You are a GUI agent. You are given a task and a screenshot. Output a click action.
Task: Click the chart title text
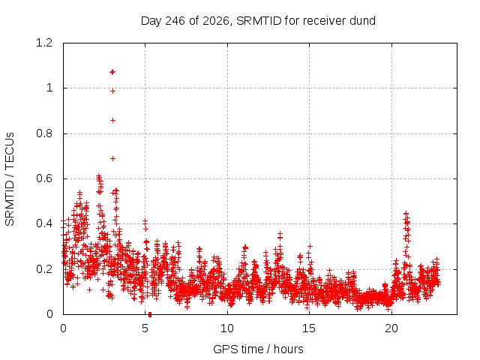[x=258, y=21]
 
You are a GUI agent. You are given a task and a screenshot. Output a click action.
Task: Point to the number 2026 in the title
[x=216, y=21]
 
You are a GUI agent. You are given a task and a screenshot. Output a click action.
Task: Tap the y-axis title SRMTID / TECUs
[x=10, y=179]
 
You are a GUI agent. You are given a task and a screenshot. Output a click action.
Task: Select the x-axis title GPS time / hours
[x=258, y=349]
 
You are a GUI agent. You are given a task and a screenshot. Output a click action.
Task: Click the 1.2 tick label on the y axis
[x=44, y=43]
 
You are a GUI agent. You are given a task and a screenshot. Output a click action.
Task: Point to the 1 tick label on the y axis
[x=49, y=88]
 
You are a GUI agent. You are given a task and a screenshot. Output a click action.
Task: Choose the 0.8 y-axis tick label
[x=44, y=133]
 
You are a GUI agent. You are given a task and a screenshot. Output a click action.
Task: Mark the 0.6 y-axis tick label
[x=44, y=178]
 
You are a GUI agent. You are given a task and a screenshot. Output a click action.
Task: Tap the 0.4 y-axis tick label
[x=44, y=223]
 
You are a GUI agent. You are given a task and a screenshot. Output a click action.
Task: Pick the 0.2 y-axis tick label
[x=44, y=269]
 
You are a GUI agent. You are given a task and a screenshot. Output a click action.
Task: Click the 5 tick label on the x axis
[x=145, y=328]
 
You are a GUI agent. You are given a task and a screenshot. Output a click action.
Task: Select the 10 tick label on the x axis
[x=227, y=328]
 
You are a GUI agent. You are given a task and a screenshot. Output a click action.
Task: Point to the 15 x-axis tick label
[x=309, y=328]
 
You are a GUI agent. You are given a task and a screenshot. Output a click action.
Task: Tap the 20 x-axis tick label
[x=391, y=328]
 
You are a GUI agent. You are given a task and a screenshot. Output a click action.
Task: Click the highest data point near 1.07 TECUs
[x=112, y=72]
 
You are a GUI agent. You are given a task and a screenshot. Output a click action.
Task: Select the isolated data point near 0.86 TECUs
[x=112, y=120]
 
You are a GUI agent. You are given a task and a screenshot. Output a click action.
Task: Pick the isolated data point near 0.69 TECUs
[x=112, y=158]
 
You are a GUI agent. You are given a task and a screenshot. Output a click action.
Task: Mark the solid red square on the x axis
[x=150, y=314]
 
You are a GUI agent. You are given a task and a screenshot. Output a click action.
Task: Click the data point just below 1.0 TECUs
[x=112, y=91]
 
